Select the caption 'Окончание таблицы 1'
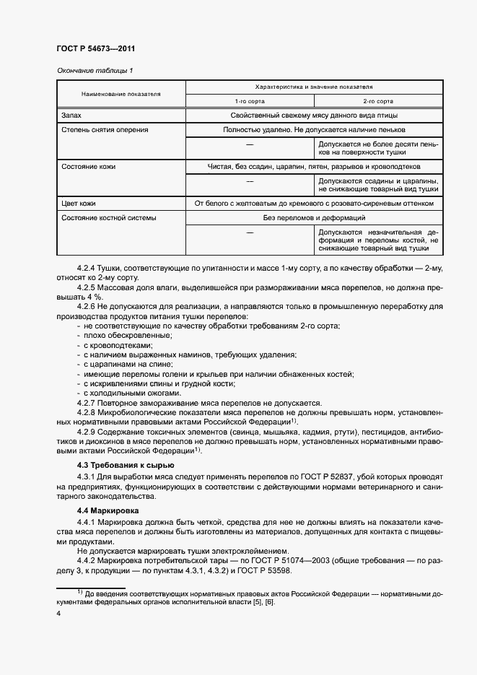coord(95,70)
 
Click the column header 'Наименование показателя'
coord(121,94)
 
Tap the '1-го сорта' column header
coord(249,102)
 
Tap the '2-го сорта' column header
coord(378,102)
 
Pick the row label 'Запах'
coord(72,116)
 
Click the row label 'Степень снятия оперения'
coord(105,130)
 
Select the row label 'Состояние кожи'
coord(89,167)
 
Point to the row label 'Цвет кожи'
coord(79,204)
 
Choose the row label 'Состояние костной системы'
coord(108,217)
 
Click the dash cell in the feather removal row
coord(249,148)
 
